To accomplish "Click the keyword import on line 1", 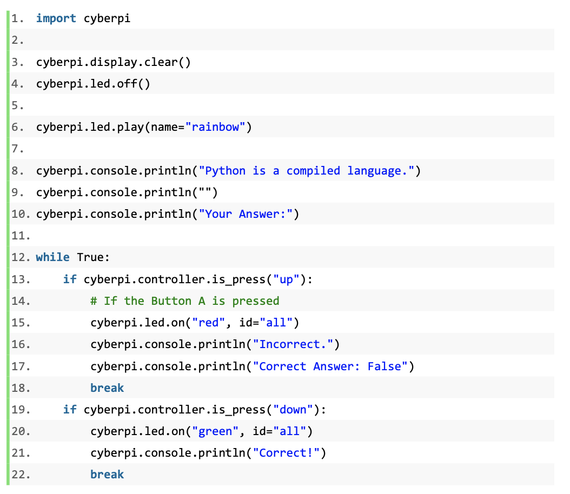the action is (56, 18).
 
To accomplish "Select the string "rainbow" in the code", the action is (215, 127).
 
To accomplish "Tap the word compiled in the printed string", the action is (313, 171).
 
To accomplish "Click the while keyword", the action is (52, 257).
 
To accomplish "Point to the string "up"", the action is (286, 279).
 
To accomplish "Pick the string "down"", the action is (293, 410).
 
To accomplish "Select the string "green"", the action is (215, 431).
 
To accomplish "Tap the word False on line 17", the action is (385, 366).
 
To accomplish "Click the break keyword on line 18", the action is (107, 388).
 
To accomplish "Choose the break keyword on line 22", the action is (107, 475).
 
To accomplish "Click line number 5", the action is (18, 106).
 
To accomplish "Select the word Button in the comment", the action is (171, 301).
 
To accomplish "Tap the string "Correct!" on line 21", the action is (286, 453).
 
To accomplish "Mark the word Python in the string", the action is (226, 171).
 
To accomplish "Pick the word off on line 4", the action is (127, 84).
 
